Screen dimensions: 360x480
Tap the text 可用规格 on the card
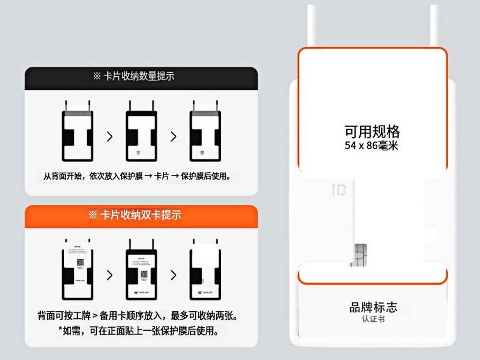pyautogui.click(x=372, y=131)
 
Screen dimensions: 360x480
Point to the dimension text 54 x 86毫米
pyautogui.click(x=371, y=146)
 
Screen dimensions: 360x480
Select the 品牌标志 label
pyautogui.click(x=373, y=307)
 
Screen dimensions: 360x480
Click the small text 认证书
pyautogui.click(x=373, y=319)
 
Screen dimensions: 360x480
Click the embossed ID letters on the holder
pyautogui.click(x=339, y=190)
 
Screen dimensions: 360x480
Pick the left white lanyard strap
pyautogui.click(x=311, y=26)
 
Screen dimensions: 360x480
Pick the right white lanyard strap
pyautogui.click(x=434, y=26)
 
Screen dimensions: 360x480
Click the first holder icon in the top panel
pyautogui.click(x=77, y=132)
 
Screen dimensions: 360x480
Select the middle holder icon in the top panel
pyautogui.click(x=141, y=132)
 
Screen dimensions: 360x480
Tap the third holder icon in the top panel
pyautogui.click(x=205, y=132)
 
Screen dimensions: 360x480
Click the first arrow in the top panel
pyautogui.click(x=110, y=136)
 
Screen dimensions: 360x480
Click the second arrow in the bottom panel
pyautogui.click(x=173, y=275)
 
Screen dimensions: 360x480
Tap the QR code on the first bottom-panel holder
pyautogui.click(x=80, y=262)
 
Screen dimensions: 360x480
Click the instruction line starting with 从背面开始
pyautogui.click(x=137, y=176)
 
